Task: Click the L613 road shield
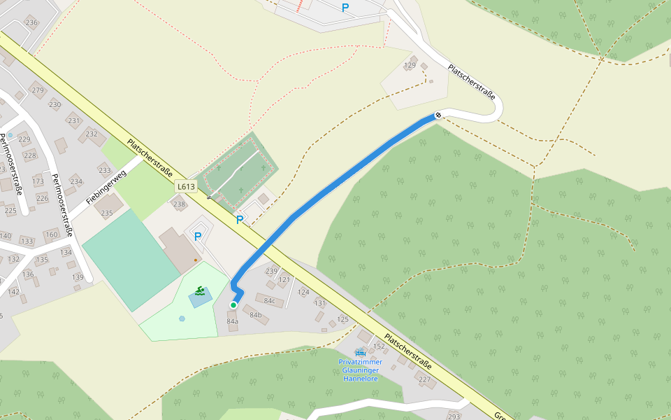coord(186,187)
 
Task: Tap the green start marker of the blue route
coord(233,305)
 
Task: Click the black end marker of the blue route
coord(438,115)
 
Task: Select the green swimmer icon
coord(201,290)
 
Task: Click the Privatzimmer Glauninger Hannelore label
coord(361,370)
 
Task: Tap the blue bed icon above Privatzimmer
coord(361,352)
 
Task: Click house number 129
coord(410,66)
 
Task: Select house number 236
coord(31,22)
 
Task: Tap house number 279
coord(38,90)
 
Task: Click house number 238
coord(180,204)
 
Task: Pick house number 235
coord(107,213)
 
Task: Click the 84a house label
coord(232,321)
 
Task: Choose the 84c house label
coord(269,302)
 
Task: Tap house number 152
coord(380,346)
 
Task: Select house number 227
coord(424,380)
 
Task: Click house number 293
coord(454,416)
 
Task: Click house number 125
coord(342,319)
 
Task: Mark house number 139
coord(78,277)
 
